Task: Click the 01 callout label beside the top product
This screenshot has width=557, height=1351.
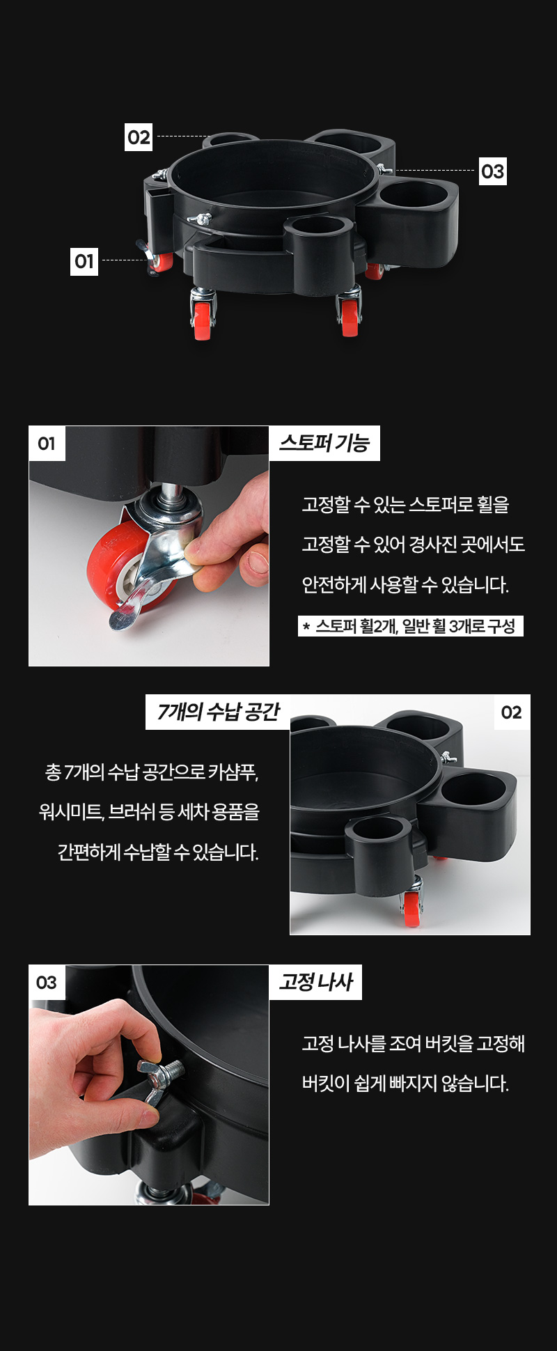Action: click(84, 261)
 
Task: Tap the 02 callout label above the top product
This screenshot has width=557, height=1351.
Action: click(139, 137)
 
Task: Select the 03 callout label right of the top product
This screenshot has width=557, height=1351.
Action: click(492, 171)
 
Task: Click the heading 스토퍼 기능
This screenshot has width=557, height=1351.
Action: click(324, 443)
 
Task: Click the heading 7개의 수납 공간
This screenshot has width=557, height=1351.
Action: click(218, 712)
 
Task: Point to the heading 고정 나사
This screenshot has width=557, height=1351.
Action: click(315, 982)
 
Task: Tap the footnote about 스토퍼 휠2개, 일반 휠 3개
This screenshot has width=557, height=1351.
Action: click(411, 626)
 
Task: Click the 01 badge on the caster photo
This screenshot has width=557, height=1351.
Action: click(47, 444)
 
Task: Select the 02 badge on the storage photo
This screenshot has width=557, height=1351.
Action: click(512, 712)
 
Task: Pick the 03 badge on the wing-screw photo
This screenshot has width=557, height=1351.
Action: click(47, 982)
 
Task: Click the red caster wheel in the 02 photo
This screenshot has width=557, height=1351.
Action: click(412, 908)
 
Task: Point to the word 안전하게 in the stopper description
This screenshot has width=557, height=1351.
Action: click(334, 584)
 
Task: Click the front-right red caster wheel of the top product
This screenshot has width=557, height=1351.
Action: click(350, 319)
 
